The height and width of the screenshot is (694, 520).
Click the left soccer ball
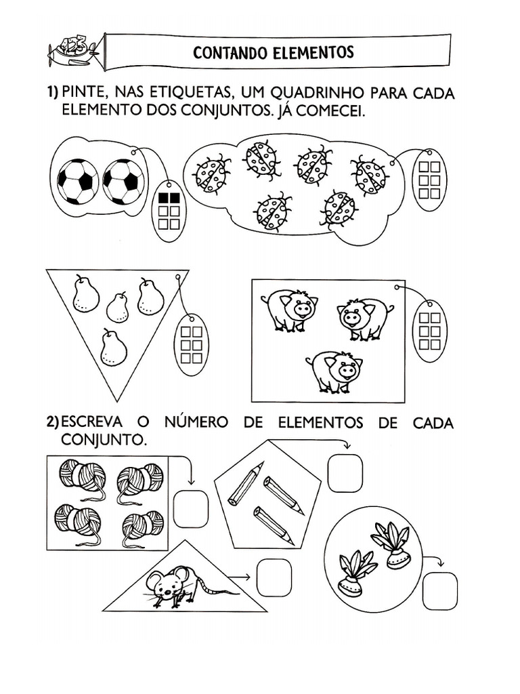pos(78,182)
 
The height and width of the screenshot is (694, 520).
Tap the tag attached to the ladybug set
pos(429,180)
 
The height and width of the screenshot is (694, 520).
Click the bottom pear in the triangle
pos(113,348)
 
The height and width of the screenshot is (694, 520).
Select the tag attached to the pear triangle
pos(192,344)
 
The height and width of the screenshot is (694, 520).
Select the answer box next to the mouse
pos(274,577)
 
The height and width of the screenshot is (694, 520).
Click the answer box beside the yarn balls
pos(190,508)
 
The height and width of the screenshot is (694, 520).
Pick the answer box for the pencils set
pos(345,472)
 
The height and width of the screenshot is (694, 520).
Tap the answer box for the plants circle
pos(439,590)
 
